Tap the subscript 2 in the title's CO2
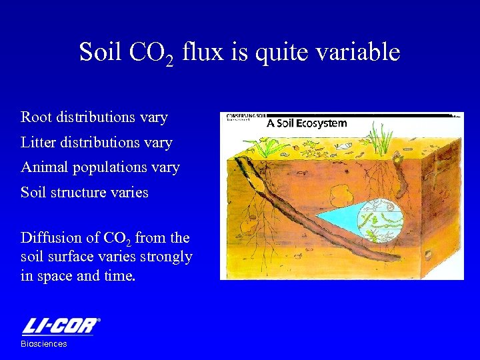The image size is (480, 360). pyautogui.click(x=169, y=61)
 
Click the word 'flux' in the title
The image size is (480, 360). pyautogui.click(x=203, y=52)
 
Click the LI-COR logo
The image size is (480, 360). pyautogui.click(x=60, y=327)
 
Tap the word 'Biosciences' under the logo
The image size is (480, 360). pyautogui.click(x=44, y=344)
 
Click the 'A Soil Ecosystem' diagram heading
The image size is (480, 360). pyautogui.click(x=307, y=123)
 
